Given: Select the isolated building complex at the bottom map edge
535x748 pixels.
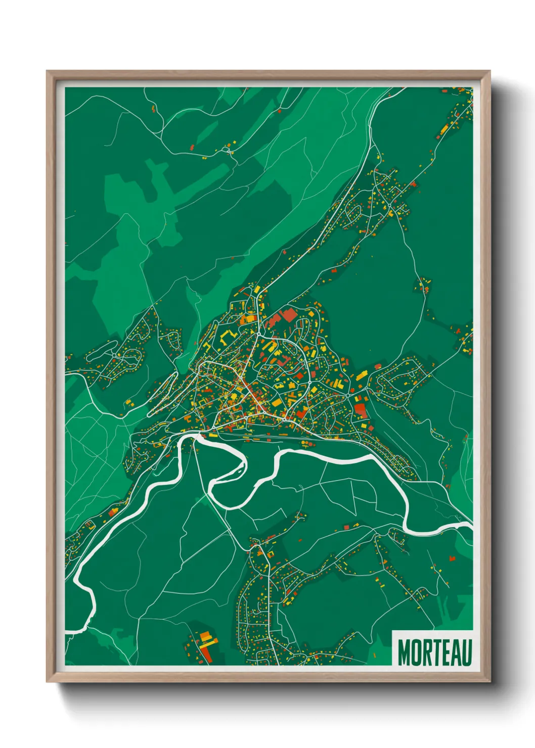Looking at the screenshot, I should click(x=203, y=645).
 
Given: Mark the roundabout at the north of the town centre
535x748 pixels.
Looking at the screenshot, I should click(x=259, y=334).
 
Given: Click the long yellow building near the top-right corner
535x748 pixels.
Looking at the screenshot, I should click(x=444, y=129).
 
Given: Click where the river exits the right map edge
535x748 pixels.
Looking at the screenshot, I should click(x=471, y=526).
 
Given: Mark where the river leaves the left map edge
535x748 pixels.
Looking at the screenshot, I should click(x=67, y=632).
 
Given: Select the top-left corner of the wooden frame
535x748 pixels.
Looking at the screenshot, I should click(x=48, y=72).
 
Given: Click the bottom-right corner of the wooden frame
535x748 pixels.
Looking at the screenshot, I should click(x=489, y=681).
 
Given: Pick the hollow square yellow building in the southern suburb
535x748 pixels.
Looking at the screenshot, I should click(x=270, y=554).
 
